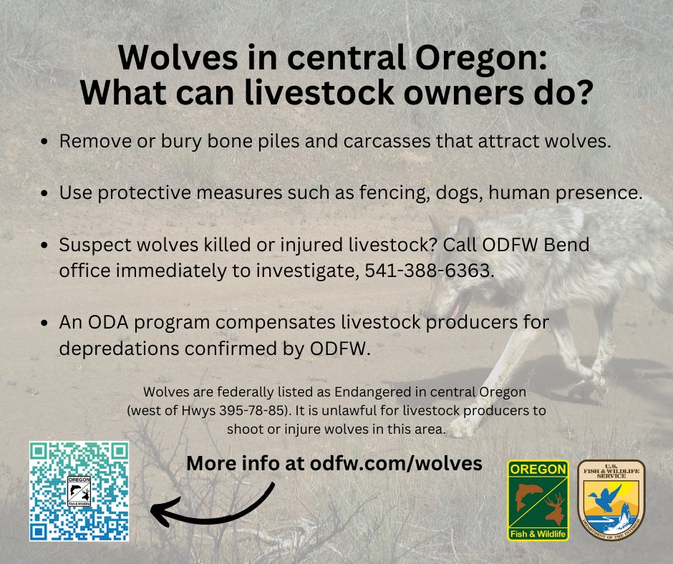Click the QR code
coord(79,490)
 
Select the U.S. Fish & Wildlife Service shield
coord(611,500)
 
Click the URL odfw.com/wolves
coord(396,463)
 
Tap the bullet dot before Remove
coord(46,141)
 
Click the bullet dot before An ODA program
coord(46,323)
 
